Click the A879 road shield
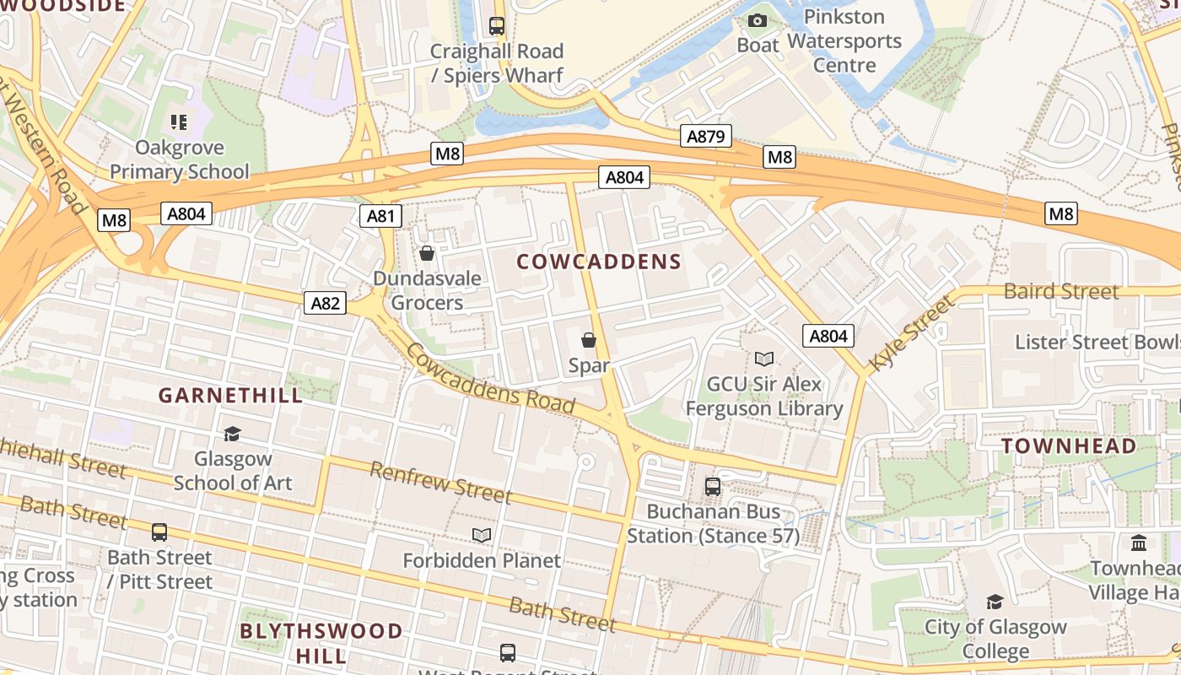pos(705,136)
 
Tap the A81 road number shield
pos(380,216)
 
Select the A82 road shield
pos(325,303)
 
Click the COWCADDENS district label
pos(598,262)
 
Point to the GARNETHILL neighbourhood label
pos(230,395)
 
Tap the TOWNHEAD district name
pos(1068,445)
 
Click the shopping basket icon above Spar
pos(589,340)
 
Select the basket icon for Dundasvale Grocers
pos(427,253)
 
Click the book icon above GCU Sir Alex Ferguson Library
pos(763,359)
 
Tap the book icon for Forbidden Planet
pos(482,535)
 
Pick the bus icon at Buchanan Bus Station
pos(713,487)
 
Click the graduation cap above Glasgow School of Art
pos(232,434)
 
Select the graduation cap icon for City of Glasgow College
pos(995,602)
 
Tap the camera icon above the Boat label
pos(758,20)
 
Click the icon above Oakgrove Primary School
pos(179,122)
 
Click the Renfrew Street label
pos(440,482)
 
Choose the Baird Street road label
pos(1060,292)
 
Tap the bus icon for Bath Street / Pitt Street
pos(159,532)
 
